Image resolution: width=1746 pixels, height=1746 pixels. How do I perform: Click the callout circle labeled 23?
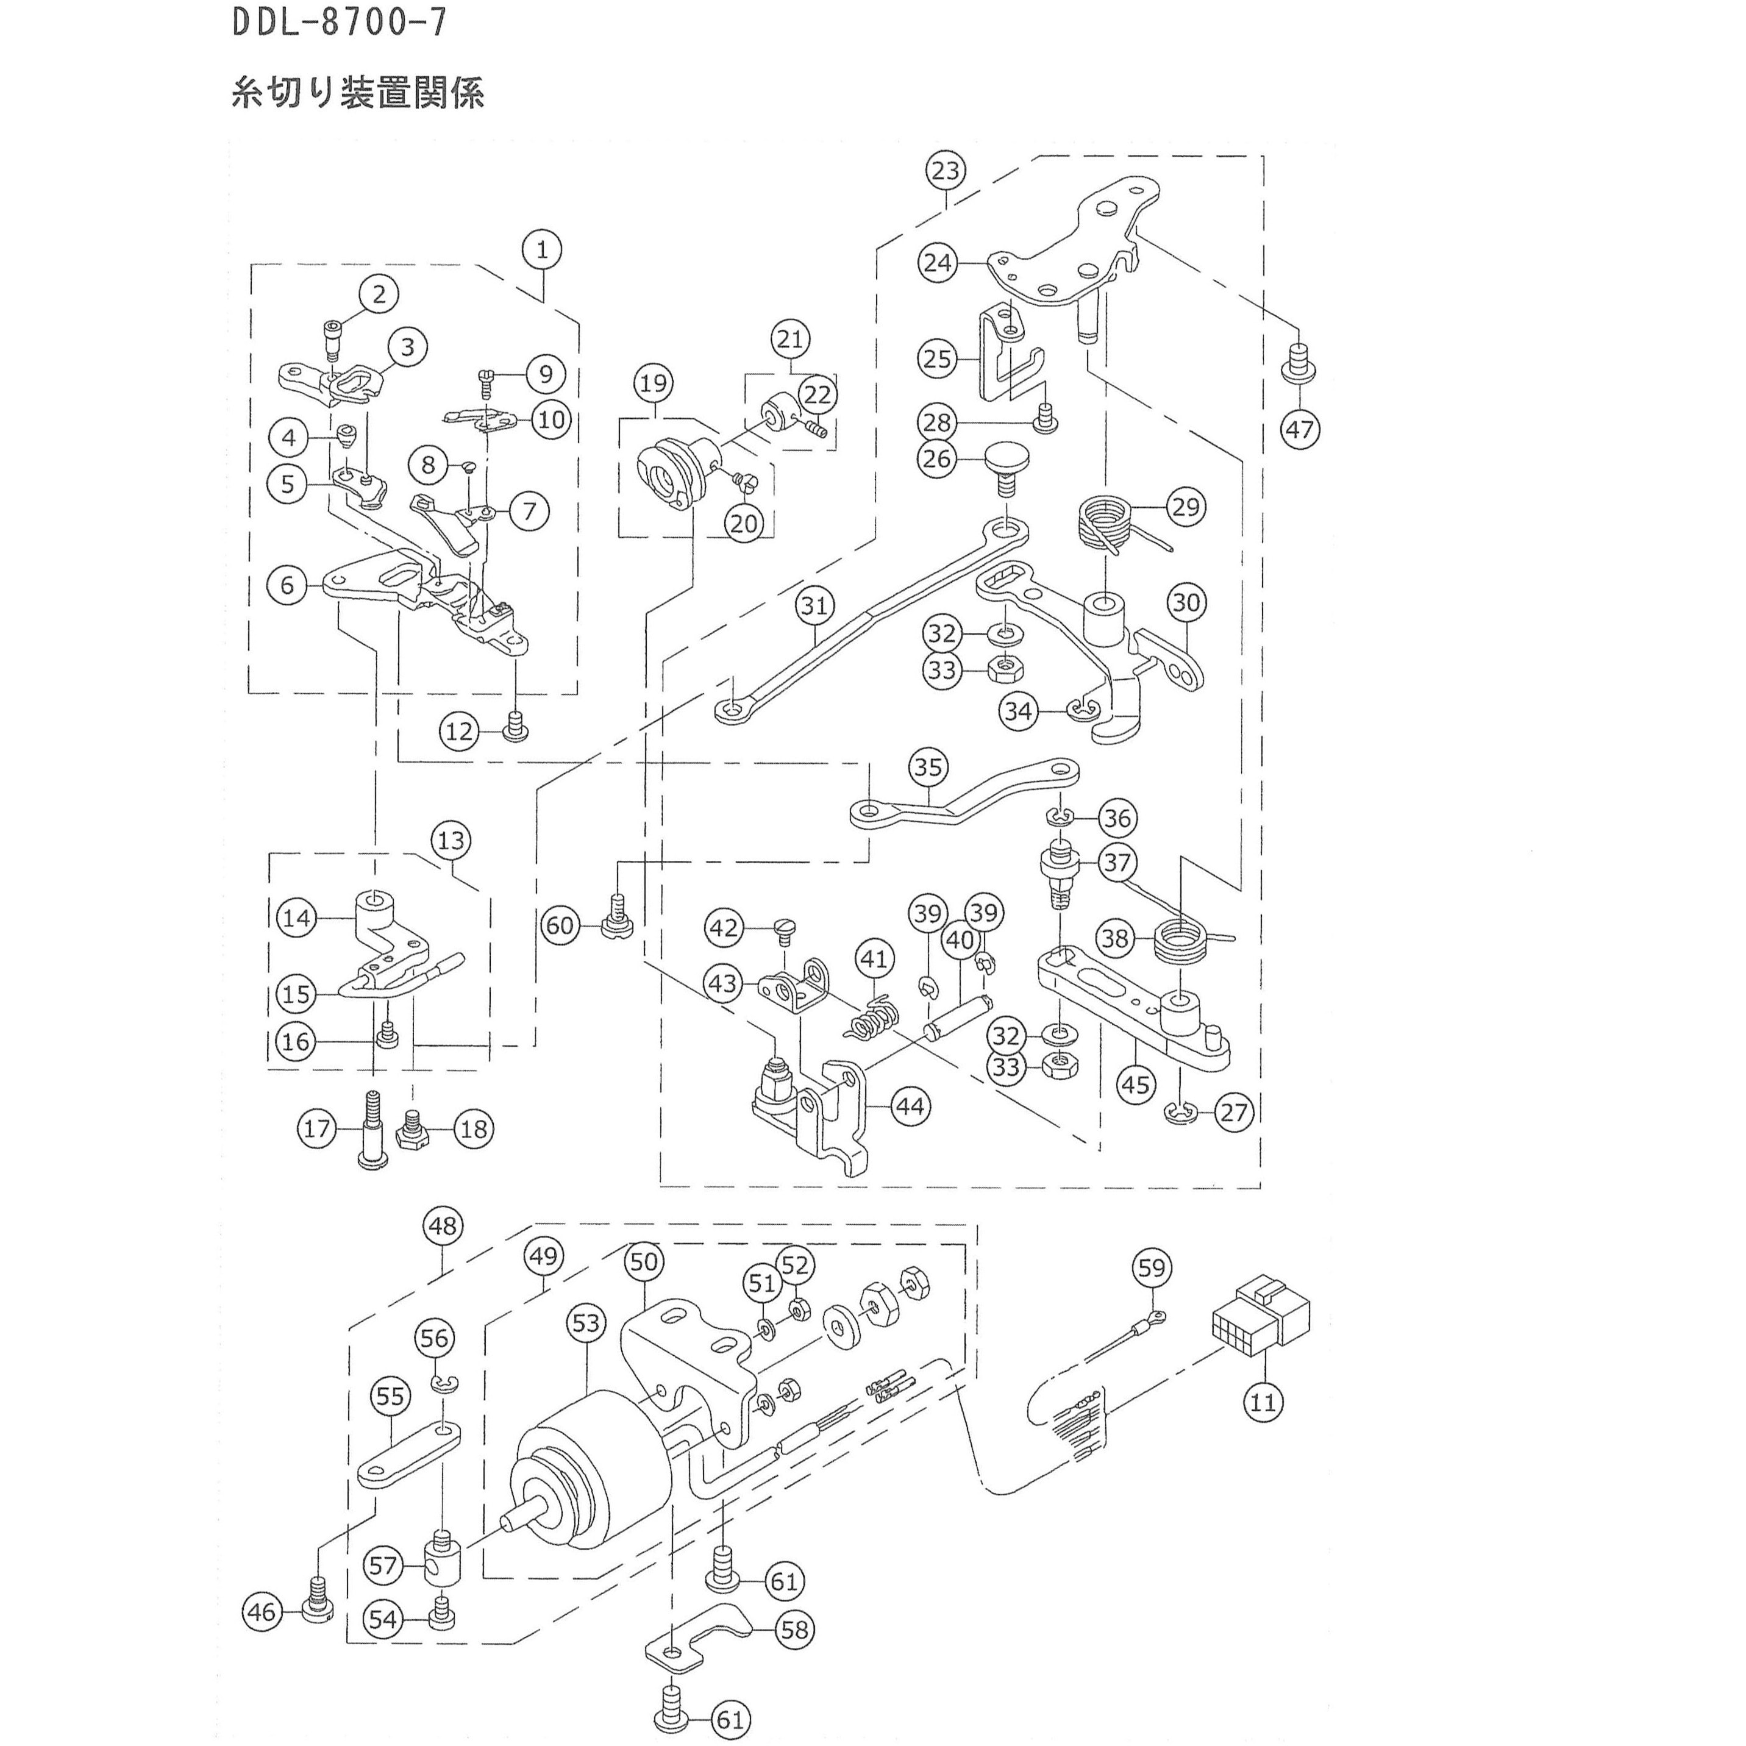coord(946,171)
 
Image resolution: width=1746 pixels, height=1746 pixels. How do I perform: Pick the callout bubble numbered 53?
coord(586,1323)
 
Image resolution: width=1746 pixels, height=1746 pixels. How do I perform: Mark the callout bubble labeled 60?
coord(560,926)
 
